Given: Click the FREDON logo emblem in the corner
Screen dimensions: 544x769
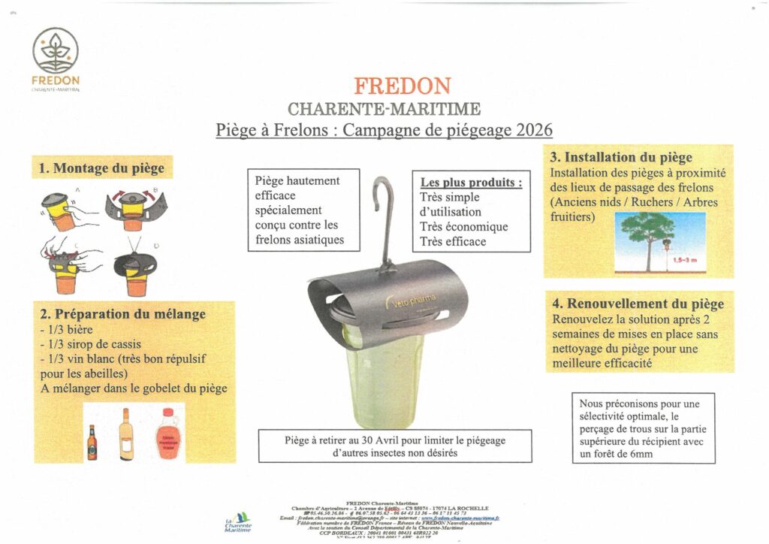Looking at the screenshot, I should pos(56,51).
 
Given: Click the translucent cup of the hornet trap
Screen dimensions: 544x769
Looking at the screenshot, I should pos(384,383).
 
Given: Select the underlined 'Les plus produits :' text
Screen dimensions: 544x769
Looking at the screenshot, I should pos(470,183).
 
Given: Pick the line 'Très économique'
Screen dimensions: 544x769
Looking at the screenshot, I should pos(463,227).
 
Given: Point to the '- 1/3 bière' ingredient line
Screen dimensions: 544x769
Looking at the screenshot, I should pos(65,330).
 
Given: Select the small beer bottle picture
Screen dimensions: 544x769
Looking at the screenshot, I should pos(92,442).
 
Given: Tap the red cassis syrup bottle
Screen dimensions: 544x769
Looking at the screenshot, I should pos(168,437).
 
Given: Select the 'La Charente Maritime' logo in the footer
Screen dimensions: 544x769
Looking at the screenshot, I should pos(239,523).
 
